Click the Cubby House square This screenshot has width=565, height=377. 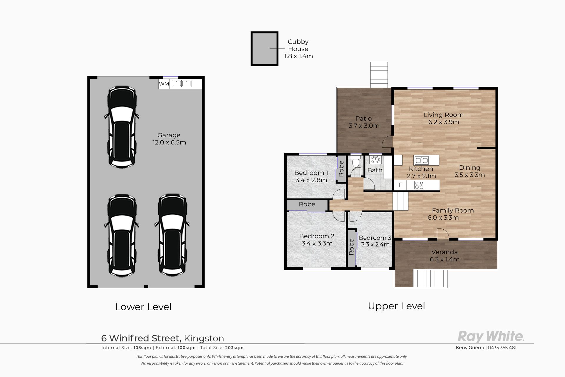tap(264, 49)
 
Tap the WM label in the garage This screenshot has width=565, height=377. tap(164, 84)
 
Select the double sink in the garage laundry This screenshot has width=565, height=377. tap(182, 84)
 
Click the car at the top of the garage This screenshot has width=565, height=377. tap(122, 127)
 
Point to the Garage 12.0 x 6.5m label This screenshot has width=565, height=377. tap(169, 139)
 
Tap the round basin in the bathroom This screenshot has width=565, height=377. tap(375, 160)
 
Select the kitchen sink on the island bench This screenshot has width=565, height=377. tap(422, 160)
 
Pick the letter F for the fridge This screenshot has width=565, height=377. tap(400, 185)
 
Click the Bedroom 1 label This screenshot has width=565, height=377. tap(311, 173)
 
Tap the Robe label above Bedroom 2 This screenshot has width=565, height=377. tap(307, 204)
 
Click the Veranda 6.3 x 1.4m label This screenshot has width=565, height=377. tap(445, 256)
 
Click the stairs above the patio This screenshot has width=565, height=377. tap(379, 75)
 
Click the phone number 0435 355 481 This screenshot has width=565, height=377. tap(502, 348)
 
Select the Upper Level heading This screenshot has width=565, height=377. tap(396, 306)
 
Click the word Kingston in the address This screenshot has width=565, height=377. tap(204, 338)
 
